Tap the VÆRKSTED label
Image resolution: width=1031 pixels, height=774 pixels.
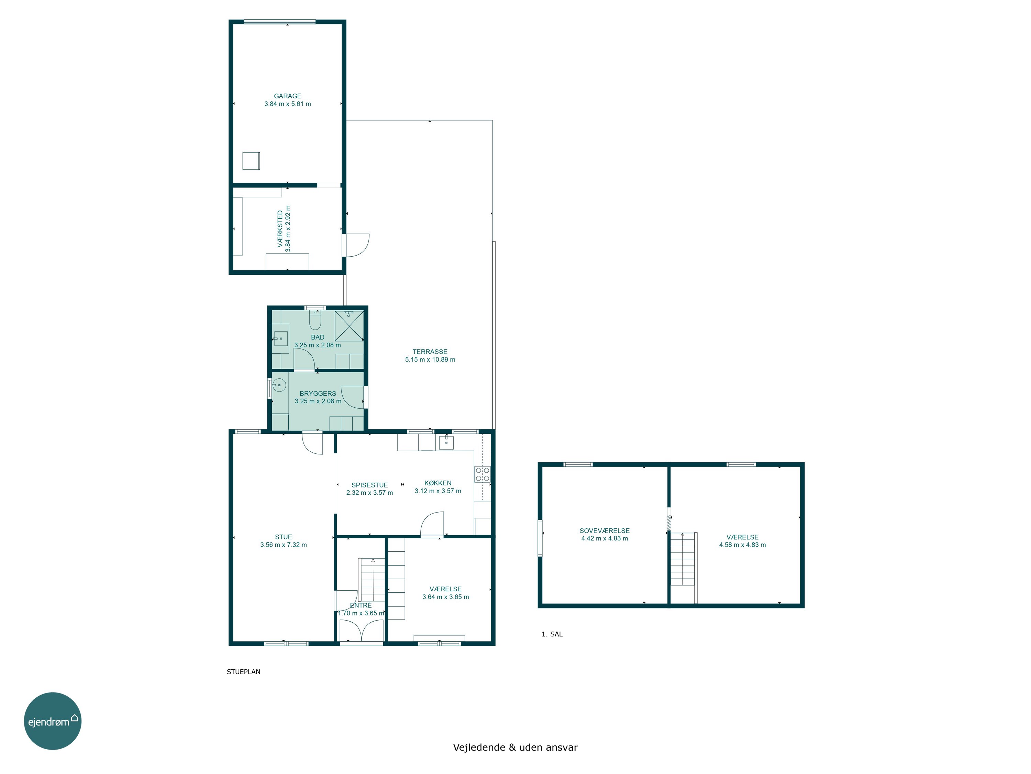pyautogui.click(x=280, y=229)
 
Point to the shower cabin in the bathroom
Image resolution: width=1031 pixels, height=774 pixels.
pyautogui.click(x=349, y=326)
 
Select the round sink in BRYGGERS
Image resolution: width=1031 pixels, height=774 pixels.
pyautogui.click(x=279, y=385)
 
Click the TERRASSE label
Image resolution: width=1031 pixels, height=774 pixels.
pyautogui.click(x=430, y=352)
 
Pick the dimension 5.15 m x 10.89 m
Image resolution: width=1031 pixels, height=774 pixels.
pyautogui.click(x=430, y=360)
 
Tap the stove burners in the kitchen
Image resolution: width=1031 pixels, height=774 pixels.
pyautogui.click(x=483, y=474)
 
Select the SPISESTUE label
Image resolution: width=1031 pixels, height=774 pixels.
pyautogui.click(x=369, y=485)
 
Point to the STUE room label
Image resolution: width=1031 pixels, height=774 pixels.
pyautogui.click(x=284, y=537)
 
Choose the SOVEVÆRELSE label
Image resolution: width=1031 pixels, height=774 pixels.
pyautogui.click(x=605, y=531)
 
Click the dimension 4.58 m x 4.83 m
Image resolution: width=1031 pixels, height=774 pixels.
pyautogui.click(x=742, y=545)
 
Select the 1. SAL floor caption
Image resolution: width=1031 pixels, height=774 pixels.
pyautogui.click(x=552, y=634)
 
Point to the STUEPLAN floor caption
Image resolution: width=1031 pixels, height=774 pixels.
pyautogui.click(x=243, y=672)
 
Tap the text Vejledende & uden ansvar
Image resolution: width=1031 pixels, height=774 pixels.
pyautogui.click(x=515, y=748)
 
